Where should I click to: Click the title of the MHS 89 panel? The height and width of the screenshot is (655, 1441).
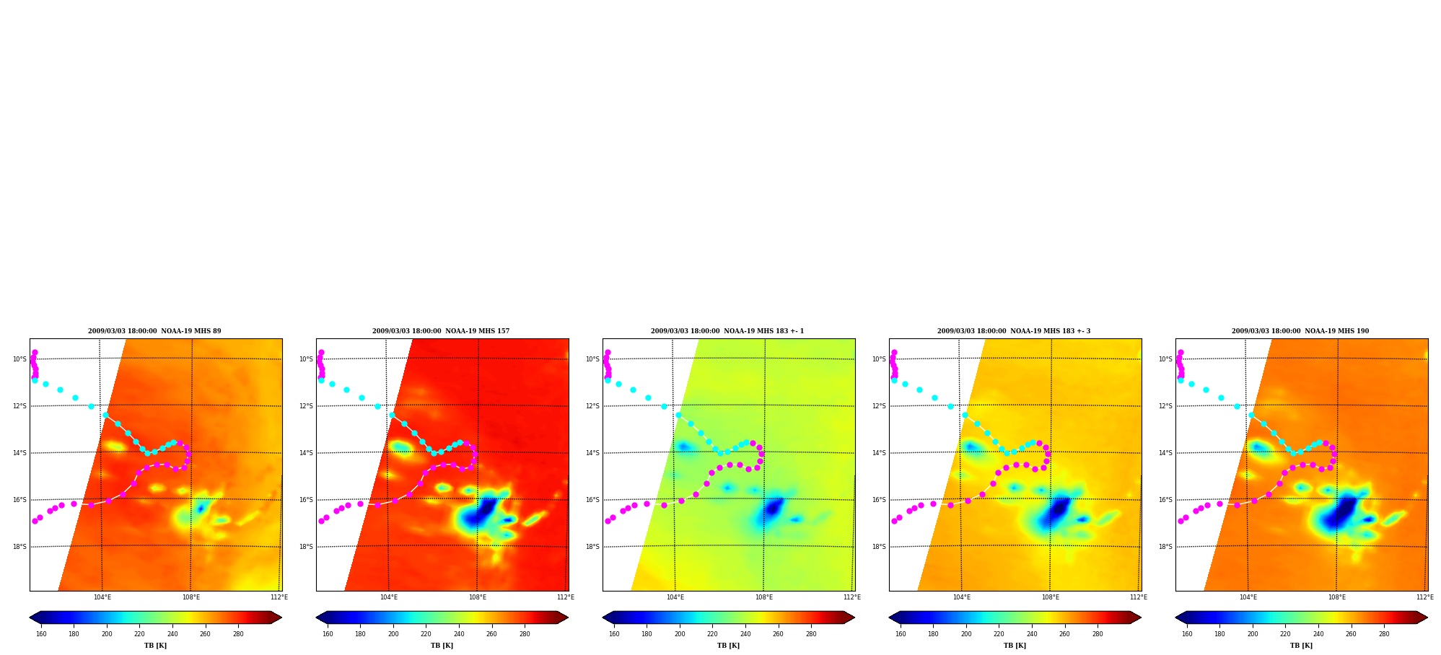[154, 331]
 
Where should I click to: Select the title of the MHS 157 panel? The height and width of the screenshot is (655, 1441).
[441, 331]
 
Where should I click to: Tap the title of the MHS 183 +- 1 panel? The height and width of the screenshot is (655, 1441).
[727, 331]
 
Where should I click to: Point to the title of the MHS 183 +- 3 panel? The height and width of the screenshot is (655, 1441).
[1014, 331]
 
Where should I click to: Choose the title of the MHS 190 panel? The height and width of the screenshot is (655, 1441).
[1300, 331]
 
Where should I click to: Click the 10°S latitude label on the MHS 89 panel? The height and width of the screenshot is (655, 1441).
[19, 359]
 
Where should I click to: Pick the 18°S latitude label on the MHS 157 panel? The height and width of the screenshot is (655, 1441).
[306, 547]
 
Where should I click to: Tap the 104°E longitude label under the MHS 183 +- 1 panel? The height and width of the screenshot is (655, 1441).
[675, 597]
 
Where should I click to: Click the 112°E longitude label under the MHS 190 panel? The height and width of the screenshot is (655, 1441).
[1424, 597]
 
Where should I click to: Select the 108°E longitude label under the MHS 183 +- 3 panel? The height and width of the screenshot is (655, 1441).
[1050, 597]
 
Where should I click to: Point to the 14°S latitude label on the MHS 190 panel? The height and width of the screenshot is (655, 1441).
[1165, 453]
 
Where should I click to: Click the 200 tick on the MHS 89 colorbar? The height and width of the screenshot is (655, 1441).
[107, 634]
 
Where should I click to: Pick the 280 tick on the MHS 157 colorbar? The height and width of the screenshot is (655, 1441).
[525, 634]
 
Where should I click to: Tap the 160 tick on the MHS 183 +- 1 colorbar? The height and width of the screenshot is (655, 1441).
[614, 634]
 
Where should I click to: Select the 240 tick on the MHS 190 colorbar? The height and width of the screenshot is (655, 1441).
[1318, 634]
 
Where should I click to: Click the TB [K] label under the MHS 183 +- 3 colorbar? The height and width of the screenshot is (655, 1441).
[1015, 646]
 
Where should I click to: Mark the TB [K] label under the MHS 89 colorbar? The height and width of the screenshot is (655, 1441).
[155, 646]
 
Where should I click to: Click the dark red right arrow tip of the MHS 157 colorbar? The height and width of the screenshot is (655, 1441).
[568, 617]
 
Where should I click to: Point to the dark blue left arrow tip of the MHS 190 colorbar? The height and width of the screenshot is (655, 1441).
[1176, 617]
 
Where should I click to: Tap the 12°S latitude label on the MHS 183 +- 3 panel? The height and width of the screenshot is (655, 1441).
[879, 406]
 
